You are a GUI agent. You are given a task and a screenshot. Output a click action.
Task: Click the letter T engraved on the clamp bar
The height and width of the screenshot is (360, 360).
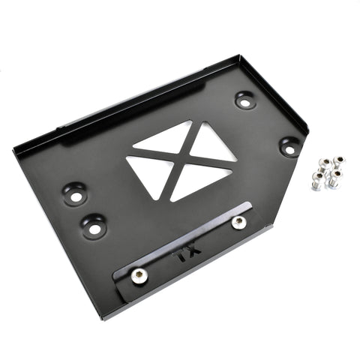coord(181,256)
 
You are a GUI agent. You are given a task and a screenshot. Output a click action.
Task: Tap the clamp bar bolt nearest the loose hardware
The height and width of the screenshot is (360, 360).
coord(238,222)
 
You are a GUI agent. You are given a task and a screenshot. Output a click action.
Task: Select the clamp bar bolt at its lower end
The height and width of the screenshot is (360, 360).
coord(139,277)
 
